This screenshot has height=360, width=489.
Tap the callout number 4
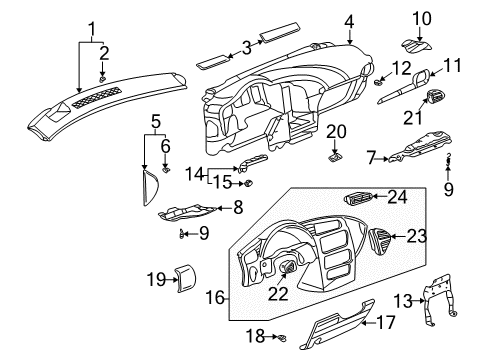coord(321,21)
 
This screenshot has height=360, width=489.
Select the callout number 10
coord(422,17)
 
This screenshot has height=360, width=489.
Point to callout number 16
coord(214,297)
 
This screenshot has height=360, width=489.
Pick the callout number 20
coord(336,131)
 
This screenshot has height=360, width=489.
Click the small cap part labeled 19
coord(184,279)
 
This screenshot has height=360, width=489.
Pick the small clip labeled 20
coord(336,152)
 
